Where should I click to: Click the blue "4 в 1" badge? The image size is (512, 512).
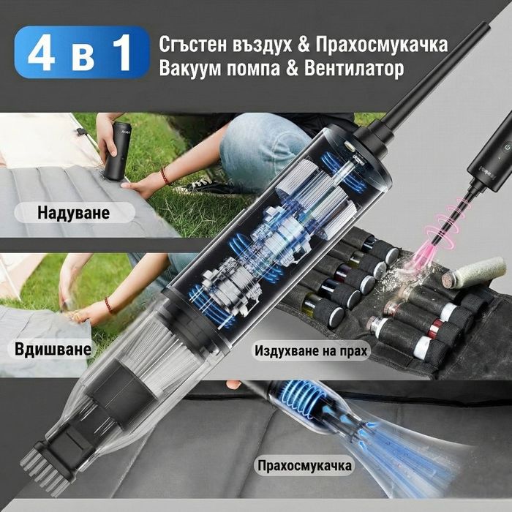81,52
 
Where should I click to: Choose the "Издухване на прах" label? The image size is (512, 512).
312,350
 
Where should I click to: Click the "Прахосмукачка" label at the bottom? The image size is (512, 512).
304,465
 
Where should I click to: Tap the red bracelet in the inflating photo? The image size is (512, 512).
165,176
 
